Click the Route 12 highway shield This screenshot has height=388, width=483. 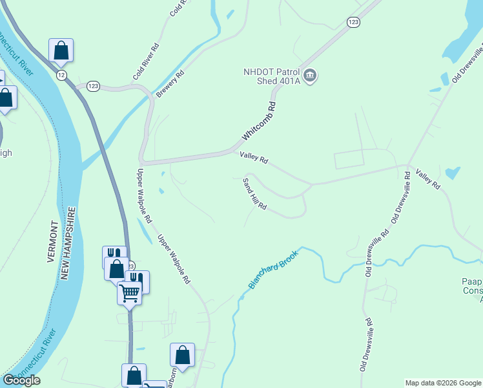coord(61,76)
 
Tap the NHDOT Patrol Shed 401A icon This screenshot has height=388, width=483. coord(310,76)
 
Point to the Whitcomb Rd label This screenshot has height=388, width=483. coord(259,121)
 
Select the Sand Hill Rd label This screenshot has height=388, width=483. coord(254,193)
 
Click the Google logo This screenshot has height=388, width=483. coord(21,380)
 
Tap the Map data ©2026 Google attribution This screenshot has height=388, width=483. coord(443,383)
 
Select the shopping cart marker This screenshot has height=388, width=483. coord(130,293)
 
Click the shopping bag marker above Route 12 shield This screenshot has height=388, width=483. coord(61,50)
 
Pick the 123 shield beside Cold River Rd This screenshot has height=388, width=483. coord(94,86)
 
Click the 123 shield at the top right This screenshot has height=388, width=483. coord(353,22)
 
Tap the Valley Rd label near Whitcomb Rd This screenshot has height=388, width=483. coord(253,157)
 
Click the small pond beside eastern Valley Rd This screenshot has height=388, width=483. coord(452,173)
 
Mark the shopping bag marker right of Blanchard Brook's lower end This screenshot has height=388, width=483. coord(182,354)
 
